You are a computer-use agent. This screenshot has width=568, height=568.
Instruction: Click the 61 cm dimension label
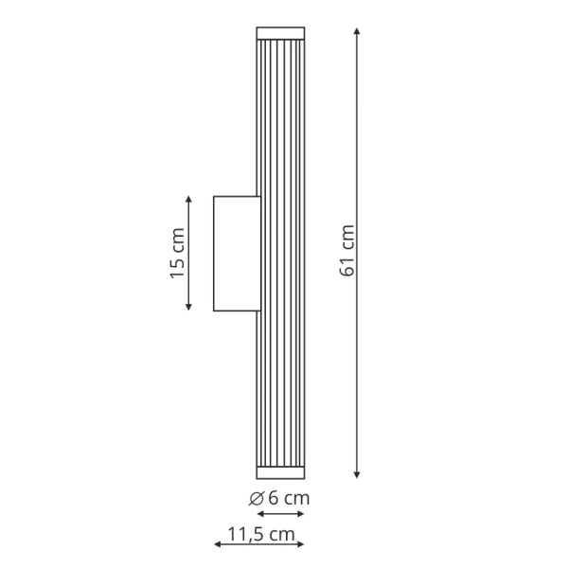point(346,252)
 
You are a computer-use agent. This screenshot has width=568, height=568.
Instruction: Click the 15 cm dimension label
point(177,255)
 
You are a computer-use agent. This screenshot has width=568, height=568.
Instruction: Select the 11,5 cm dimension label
point(256,533)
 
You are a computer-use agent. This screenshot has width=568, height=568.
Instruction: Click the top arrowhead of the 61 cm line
point(357,33)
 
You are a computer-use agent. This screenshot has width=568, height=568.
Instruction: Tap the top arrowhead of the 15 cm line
point(189,201)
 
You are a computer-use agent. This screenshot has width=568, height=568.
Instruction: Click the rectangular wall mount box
point(236,253)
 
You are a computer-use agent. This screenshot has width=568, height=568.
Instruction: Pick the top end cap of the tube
point(280,33)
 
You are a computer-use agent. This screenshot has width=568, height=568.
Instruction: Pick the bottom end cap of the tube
point(280,471)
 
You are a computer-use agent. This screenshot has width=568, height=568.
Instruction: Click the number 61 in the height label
point(346,265)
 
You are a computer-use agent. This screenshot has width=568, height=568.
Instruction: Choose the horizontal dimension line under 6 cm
point(280,514)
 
